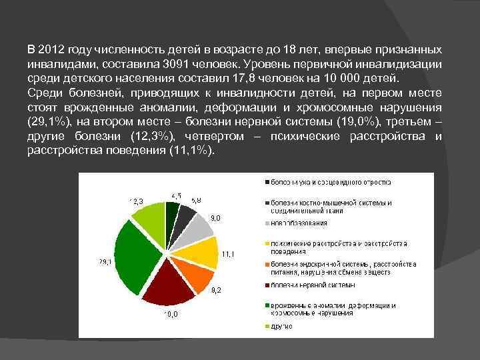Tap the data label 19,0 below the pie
coord(171,314)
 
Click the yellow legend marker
coord(267,243)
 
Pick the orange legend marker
coord(267,264)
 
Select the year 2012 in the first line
coord(51,50)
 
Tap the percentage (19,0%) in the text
coord(349,123)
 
